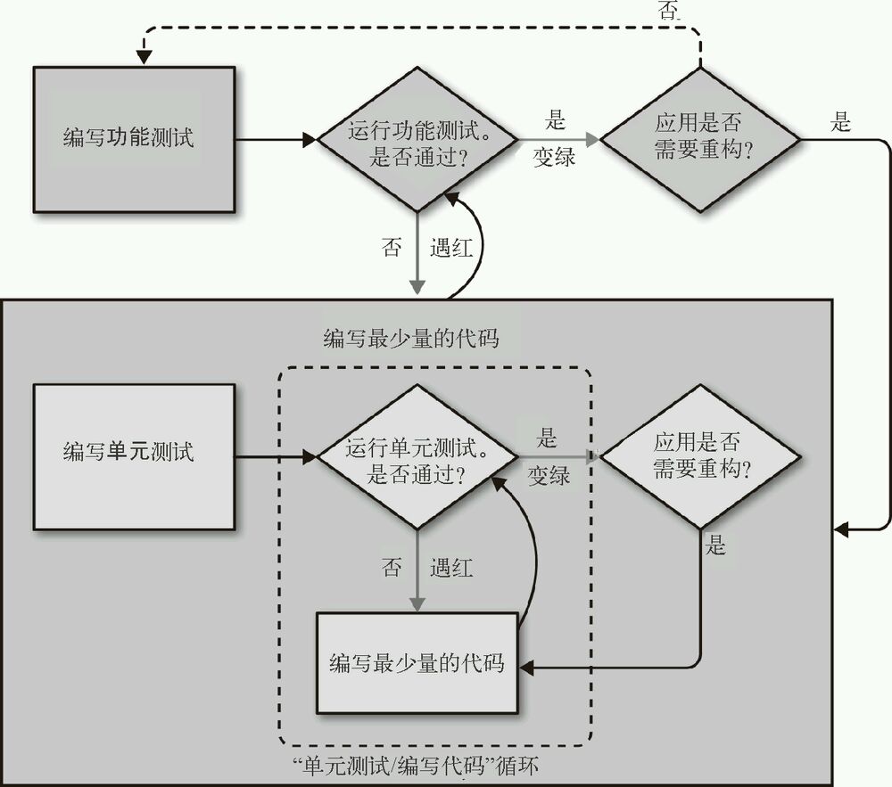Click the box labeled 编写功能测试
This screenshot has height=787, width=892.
(134, 139)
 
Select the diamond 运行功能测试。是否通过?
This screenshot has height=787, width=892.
(418, 140)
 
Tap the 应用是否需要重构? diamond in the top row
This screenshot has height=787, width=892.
(700, 140)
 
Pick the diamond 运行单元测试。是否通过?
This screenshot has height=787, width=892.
(418, 456)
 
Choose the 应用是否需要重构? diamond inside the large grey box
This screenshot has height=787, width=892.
(700, 456)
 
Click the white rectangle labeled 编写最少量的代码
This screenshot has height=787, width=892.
(417, 663)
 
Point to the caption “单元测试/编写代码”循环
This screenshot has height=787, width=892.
(416, 766)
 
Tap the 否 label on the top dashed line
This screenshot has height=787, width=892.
(668, 11)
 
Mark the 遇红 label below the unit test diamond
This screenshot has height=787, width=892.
(451, 567)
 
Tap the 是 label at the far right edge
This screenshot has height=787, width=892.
(841, 122)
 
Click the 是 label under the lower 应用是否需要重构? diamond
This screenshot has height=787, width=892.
(716, 545)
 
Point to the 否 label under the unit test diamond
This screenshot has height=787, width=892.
(392, 567)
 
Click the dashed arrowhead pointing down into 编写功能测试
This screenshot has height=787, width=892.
(144, 57)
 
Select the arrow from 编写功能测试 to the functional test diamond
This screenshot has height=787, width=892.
(277, 140)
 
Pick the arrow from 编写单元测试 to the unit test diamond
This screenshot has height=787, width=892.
(277, 456)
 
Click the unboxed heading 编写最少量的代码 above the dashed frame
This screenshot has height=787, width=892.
(411, 339)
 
